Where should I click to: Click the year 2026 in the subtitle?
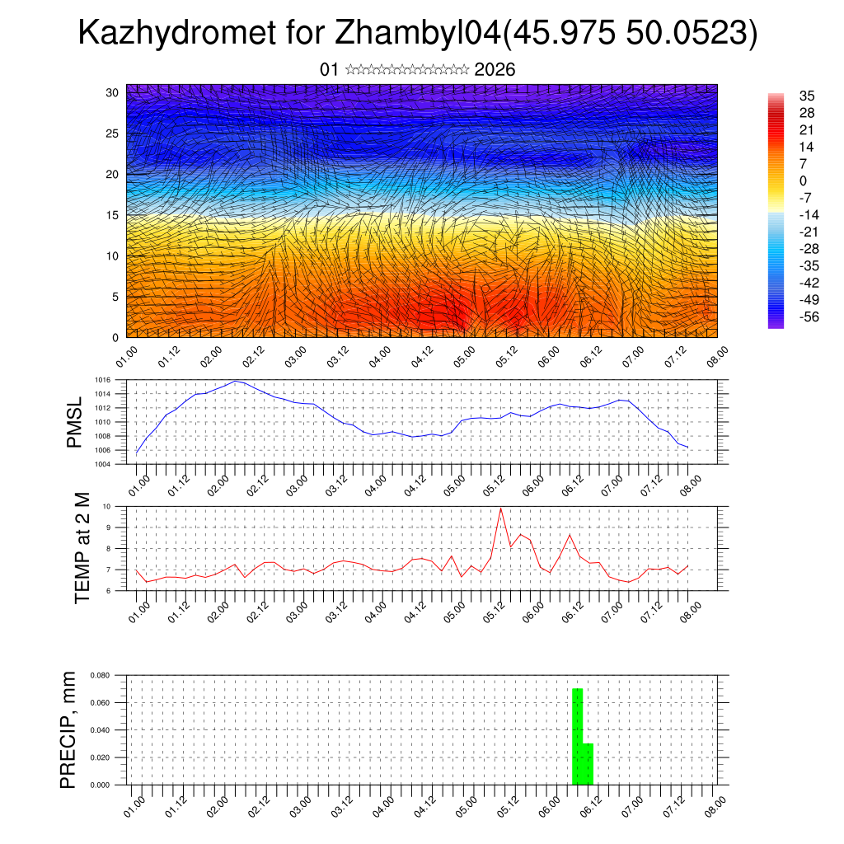(495, 69)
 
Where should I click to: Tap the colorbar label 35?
(807, 96)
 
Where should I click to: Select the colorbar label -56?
(809, 317)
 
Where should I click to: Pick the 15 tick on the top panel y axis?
(113, 215)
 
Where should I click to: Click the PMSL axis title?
(74, 421)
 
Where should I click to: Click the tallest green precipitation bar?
(578, 736)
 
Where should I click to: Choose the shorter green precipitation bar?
(588, 764)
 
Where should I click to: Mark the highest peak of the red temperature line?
(500, 508)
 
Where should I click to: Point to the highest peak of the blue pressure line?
(236, 381)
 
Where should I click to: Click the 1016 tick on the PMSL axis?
(102, 380)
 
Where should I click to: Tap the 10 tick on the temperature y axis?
(107, 506)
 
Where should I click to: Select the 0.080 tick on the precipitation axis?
(101, 675)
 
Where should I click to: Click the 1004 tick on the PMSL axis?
(102, 464)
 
